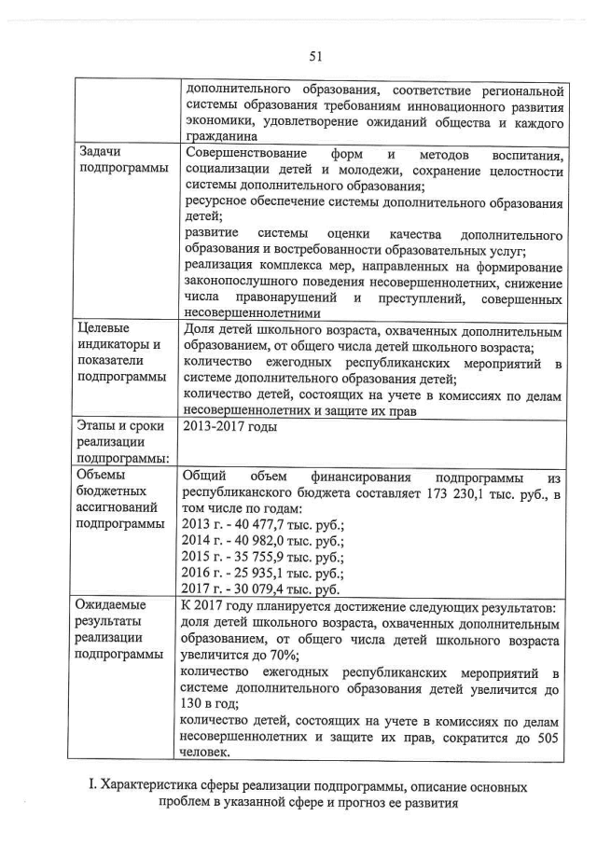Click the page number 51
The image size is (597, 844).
click(x=315, y=56)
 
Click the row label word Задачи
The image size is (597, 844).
click(x=102, y=151)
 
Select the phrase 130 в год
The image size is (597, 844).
click(x=212, y=704)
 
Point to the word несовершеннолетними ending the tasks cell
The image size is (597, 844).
click(x=253, y=314)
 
